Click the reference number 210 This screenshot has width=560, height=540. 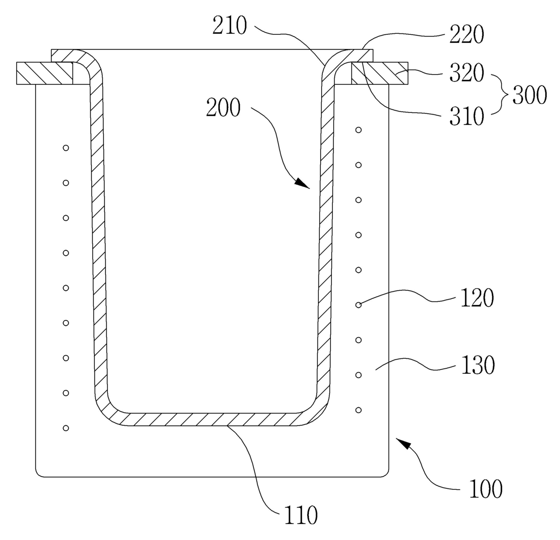(x=229, y=26)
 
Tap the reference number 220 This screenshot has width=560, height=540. (x=467, y=34)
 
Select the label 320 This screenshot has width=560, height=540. (x=467, y=73)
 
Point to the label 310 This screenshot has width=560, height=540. (x=467, y=116)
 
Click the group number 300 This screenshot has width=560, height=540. (x=529, y=95)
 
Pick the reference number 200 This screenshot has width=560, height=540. (x=223, y=108)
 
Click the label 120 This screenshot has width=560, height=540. (x=477, y=298)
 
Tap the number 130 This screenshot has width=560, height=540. (x=478, y=365)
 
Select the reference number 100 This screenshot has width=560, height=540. (x=486, y=489)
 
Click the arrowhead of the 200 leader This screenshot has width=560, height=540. (x=303, y=183)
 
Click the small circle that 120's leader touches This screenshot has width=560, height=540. (x=358, y=305)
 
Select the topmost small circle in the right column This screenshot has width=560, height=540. (x=358, y=130)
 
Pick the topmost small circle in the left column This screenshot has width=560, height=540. (x=66, y=148)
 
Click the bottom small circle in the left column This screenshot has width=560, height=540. (x=66, y=428)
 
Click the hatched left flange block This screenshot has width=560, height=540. (x=45, y=73)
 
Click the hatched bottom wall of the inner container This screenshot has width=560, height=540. (x=213, y=419)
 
